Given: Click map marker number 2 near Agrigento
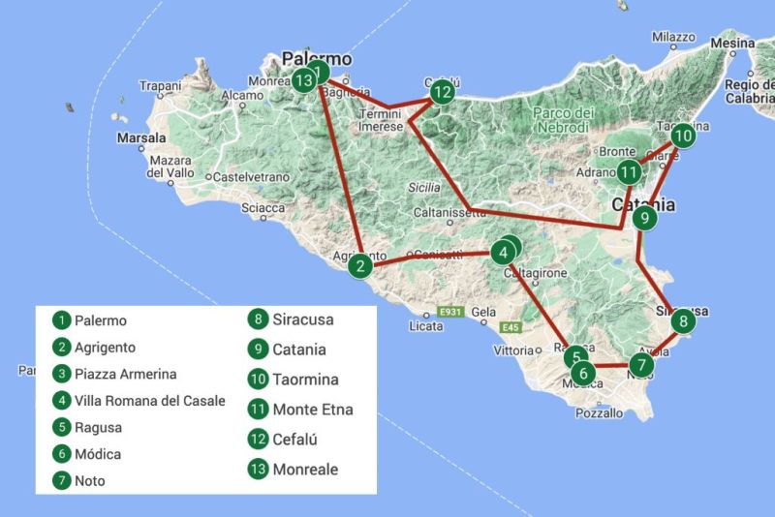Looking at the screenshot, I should pyautogui.click(x=360, y=265).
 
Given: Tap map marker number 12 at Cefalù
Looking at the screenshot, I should pyautogui.click(x=442, y=93).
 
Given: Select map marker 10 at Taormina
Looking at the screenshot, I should pyautogui.click(x=683, y=135).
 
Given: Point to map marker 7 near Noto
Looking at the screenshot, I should pyautogui.click(x=640, y=365).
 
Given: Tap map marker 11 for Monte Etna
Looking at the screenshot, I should pyautogui.click(x=630, y=173).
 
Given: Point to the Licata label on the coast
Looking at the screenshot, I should pyautogui.click(x=426, y=326).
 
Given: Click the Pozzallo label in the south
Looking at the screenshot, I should pyautogui.click(x=600, y=412).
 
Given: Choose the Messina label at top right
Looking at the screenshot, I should pyautogui.click(x=732, y=44).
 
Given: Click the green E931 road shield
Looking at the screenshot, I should pyautogui.click(x=449, y=313).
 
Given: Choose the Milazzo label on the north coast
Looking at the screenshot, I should pyautogui.click(x=673, y=37).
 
